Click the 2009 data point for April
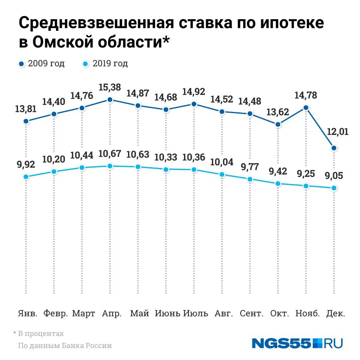coord(110,100)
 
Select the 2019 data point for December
coord(334,188)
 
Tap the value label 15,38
coord(110,87)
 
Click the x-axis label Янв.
coord(28,313)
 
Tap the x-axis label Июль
coord(196,313)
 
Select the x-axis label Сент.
coord(251,313)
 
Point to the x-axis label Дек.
coord(336,313)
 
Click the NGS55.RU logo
coord(297,343)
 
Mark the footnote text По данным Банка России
coord(65,346)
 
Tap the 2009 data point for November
coord(306,108)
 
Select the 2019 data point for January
coord(26,176)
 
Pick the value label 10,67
coord(110,154)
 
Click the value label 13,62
coord(277,112)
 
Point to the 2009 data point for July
coord(194,104)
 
